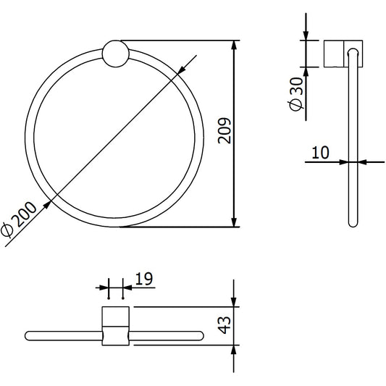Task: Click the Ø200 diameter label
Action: pyautogui.click(x=18, y=220)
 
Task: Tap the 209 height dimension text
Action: pyautogui.click(x=225, y=130)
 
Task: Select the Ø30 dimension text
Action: pyautogui.click(x=296, y=94)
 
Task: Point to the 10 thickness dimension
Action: pyautogui.click(x=320, y=152)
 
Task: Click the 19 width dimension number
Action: pyautogui.click(x=144, y=279)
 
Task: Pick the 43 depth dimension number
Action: pyautogui.click(x=225, y=325)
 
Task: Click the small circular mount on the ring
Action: pyautogui.click(x=116, y=54)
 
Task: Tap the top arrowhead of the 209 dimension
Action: pyautogui.click(x=235, y=46)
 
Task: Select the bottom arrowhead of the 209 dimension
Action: pyautogui.click(x=235, y=222)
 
